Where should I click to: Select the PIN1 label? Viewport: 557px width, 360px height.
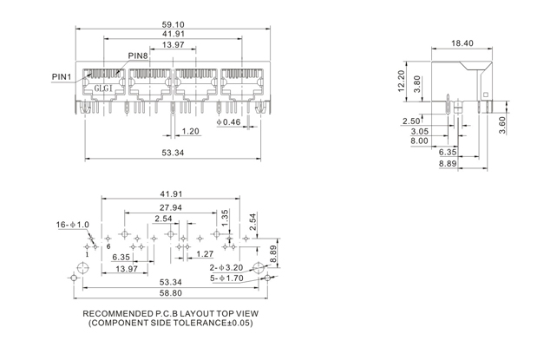pos(62,76)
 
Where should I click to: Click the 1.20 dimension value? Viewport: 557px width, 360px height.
pos(191,132)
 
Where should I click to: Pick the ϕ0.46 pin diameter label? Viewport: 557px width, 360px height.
pos(227,122)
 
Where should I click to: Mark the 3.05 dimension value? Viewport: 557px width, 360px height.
pos(419,130)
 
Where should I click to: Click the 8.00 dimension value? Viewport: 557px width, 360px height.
pos(419,141)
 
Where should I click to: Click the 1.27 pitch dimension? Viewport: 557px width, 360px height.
pos(206,253)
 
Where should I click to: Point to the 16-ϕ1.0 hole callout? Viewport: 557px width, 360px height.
pos(75,225)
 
